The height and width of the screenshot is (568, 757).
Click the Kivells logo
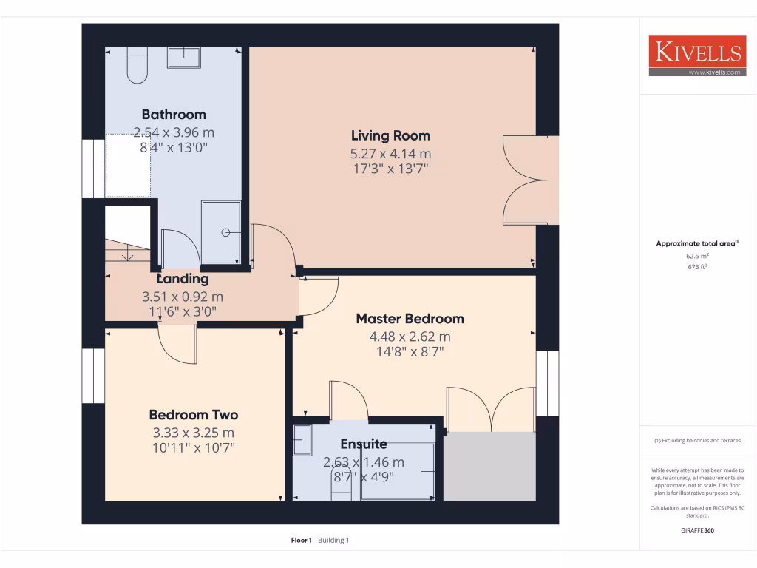(696, 55)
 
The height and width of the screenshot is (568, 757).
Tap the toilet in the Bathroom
(138, 65)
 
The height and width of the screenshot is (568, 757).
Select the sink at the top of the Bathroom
(183, 58)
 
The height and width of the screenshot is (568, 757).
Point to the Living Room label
(390, 135)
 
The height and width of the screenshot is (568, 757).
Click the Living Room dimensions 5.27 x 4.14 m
(390, 154)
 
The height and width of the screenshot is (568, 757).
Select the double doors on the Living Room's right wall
(526, 180)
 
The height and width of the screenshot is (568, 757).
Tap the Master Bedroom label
(410, 319)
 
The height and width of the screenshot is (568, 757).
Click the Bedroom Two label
(194, 415)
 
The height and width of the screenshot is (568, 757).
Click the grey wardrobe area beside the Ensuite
(489, 467)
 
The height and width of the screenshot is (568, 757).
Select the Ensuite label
(364, 444)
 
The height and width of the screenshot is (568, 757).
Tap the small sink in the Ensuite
(303, 441)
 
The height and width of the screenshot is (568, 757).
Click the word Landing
(183, 279)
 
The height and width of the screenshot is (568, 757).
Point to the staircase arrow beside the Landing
(129, 254)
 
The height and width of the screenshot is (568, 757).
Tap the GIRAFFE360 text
(697, 530)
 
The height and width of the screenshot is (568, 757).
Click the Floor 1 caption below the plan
(302, 541)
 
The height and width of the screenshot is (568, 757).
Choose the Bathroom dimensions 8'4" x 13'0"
(174, 147)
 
